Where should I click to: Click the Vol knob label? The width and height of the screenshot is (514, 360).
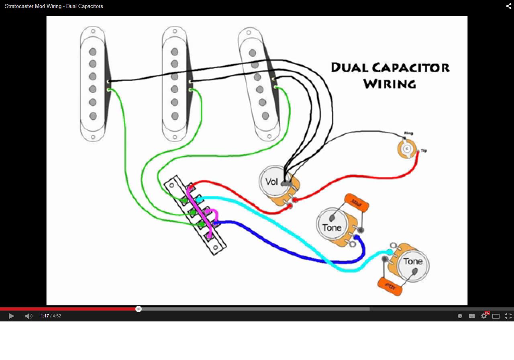pyautogui.click(x=272, y=182)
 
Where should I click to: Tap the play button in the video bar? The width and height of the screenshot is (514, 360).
pyautogui.click(x=11, y=316)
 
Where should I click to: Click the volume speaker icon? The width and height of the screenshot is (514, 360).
pyautogui.click(x=29, y=316)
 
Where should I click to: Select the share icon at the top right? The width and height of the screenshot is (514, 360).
pyautogui.click(x=508, y=6)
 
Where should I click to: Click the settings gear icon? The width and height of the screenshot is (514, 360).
pyautogui.click(x=484, y=316)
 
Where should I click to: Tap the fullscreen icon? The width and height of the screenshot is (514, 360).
pyautogui.click(x=508, y=316)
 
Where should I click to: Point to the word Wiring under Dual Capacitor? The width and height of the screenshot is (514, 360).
pyautogui.click(x=389, y=84)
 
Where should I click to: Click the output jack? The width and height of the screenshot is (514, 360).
pyautogui.click(x=407, y=149)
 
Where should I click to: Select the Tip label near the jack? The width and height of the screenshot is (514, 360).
pyautogui.click(x=424, y=151)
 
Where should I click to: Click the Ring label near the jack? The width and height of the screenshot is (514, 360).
pyautogui.click(x=408, y=133)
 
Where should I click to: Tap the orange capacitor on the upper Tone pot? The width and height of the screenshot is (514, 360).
pyautogui.click(x=357, y=203)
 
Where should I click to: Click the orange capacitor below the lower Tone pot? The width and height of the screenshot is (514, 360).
pyautogui.click(x=390, y=286)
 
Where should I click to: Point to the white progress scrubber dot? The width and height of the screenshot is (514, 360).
pyautogui.click(x=139, y=309)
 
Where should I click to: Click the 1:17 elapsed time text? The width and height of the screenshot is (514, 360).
pyautogui.click(x=44, y=316)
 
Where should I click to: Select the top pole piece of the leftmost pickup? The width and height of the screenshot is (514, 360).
pyautogui.click(x=93, y=52)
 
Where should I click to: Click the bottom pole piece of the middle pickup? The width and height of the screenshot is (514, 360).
pyautogui.click(x=175, y=116)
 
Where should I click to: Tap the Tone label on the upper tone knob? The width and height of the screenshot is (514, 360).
pyautogui.click(x=332, y=227)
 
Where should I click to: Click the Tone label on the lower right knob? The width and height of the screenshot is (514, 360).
pyautogui.click(x=413, y=262)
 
